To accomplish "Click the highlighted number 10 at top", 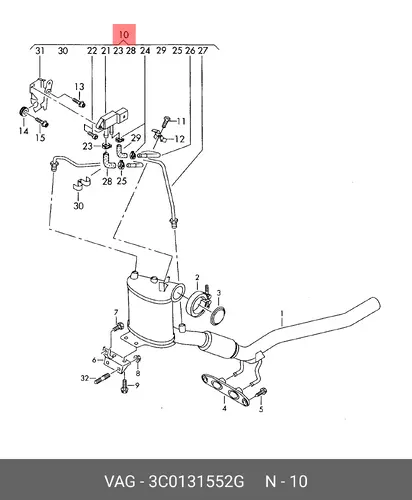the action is pos(123,34).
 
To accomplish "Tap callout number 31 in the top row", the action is pos(40,51).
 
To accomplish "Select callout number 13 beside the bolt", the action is pos(79,87).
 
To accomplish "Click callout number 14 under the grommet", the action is pos(23,131).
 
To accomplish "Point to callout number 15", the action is pos(40,137).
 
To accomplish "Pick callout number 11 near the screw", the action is pos(181,121).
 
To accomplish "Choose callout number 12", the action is pos(179,139).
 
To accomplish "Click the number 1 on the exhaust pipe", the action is pos(282,313).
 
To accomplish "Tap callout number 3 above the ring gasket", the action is pos(219,293).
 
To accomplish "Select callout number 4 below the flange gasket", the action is pos(225,408).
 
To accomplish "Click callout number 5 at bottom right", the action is pos(261,409).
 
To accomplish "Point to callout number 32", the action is pos(85,378).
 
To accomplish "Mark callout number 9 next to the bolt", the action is pos(137,385).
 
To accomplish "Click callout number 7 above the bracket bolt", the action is pos(116,312).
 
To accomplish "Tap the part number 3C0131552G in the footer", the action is pos(196,482).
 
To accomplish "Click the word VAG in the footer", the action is pos(120,482).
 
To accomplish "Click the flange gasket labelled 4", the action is pos(226,390).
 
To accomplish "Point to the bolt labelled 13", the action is pos(78,101).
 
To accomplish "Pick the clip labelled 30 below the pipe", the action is pos(81,183).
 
